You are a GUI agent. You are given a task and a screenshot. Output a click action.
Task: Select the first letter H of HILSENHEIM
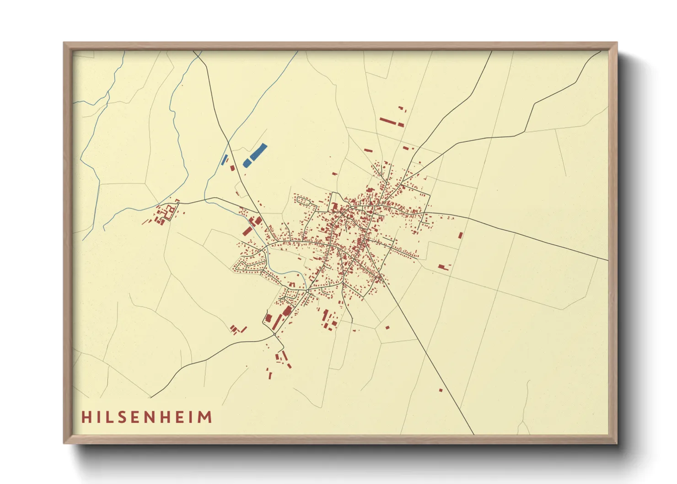click(x=86, y=417)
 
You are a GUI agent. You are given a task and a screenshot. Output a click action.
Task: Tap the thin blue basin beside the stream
click(x=224, y=160)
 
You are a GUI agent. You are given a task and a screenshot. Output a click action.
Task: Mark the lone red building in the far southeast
click(x=441, y=390)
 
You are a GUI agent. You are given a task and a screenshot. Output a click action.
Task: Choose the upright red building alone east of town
click(x=461, y=235)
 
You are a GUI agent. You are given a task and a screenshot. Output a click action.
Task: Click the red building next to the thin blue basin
click(x=232, y=168)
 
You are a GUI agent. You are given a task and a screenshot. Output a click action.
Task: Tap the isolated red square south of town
click(x=387, y=327)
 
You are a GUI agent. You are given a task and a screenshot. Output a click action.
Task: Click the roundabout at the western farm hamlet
click(x=177, y=201)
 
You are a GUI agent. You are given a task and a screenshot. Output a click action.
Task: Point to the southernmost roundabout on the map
click(x=274, y=335)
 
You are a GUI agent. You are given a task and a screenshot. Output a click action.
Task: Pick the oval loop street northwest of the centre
click(x=306, y=202)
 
